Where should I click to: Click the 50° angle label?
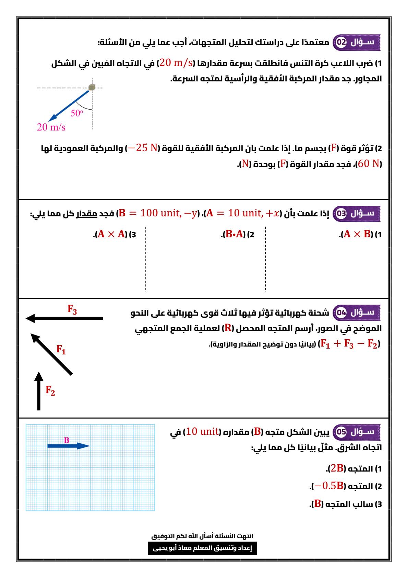click(x=77, y=113)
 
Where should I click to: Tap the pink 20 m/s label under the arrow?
click(x=51, y=127)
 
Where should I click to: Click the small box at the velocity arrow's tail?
click(x=92, y=87)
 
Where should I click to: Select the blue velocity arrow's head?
click(x=52, y=118)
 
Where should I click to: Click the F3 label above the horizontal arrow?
click(x=72, y=309)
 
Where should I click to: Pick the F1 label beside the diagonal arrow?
click(x=61, y=350)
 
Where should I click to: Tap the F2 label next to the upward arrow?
click(x=50, y=390)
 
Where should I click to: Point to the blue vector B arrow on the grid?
click(x=68, y=446)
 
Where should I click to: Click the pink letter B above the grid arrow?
click(x=67, y=440)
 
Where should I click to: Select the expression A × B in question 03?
click(x=358, y=235)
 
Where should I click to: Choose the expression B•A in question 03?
click(x=234, y=235)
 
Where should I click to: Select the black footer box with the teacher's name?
click(x=202, y=548)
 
